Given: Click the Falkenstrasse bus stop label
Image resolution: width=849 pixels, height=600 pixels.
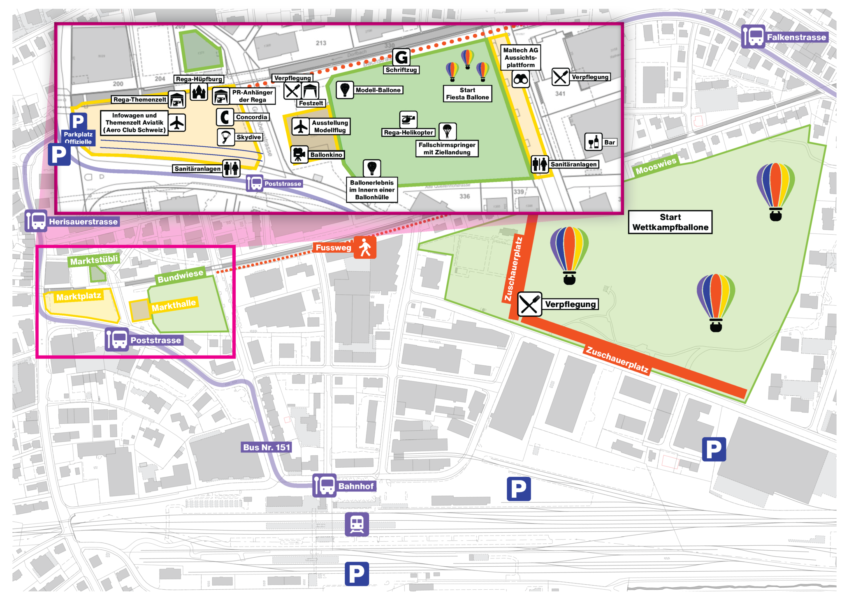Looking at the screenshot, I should [796, 37].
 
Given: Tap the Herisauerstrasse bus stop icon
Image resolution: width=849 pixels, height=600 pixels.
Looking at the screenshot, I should [36, 221].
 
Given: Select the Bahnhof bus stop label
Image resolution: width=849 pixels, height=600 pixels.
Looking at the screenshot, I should [356, 486].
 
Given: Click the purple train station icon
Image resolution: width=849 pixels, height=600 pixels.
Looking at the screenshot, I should [357, 524].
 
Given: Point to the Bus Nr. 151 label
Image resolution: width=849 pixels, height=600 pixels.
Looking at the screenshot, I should [267, 447].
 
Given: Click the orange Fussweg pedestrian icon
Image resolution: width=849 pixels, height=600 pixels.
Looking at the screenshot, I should [365, 247].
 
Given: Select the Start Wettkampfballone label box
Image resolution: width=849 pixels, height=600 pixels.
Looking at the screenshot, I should [670, 222].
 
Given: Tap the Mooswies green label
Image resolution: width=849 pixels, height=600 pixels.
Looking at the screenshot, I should [656, 166].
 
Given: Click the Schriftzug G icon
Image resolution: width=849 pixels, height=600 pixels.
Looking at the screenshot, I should [401, 57].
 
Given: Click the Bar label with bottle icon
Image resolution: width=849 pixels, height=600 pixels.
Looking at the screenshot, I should [609, 142].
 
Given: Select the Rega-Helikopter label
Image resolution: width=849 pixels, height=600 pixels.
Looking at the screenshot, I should [408, 132].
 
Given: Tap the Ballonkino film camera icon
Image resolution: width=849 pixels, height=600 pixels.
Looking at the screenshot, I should [299, 155].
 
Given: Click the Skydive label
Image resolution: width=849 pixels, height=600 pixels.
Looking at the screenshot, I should [248, 137].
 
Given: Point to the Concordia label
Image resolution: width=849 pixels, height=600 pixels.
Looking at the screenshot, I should [251, 117].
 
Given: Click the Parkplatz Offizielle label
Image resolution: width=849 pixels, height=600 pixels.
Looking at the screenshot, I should [78, 138].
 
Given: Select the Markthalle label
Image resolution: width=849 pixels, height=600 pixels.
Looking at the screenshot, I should [174, 305].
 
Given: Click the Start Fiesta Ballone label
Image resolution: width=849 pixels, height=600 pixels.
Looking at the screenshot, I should [467, 94].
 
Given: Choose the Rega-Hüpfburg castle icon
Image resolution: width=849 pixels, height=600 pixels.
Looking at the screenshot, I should [199, 92].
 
